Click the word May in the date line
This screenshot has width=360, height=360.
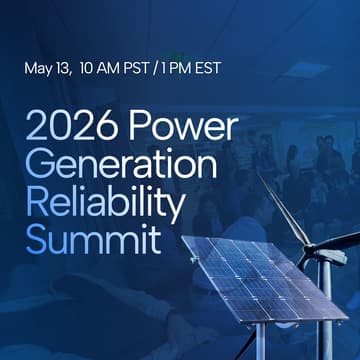click(x=41, y=70)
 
